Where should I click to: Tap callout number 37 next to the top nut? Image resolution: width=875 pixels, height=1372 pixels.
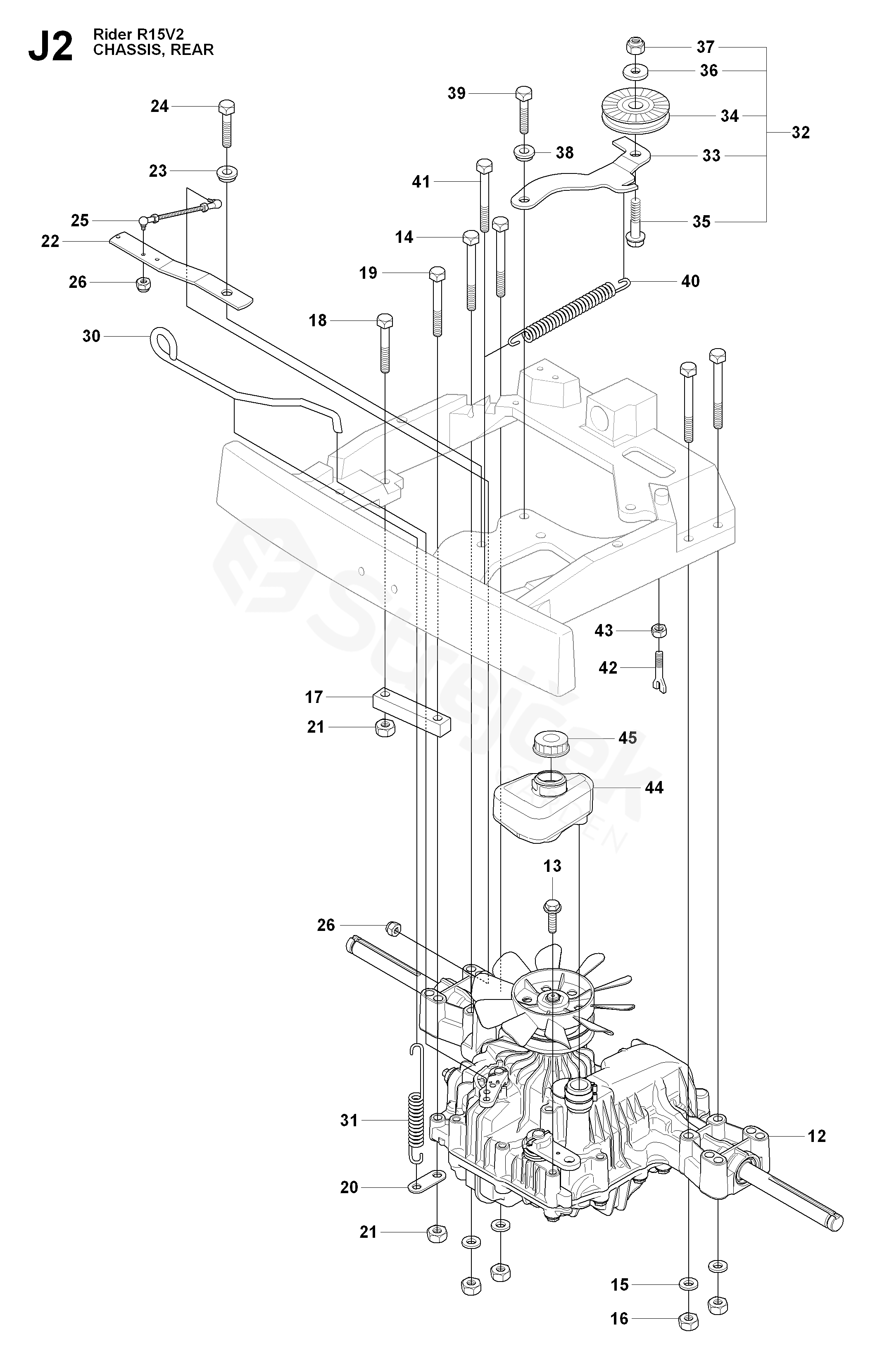706,46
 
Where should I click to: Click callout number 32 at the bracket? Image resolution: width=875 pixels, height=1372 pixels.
800,132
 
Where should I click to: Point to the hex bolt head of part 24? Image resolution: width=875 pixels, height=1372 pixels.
227,107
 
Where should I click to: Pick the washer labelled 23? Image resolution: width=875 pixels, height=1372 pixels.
227,172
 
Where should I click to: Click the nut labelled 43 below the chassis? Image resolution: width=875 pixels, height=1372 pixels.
659,631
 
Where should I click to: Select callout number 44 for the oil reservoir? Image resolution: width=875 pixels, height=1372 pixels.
654,788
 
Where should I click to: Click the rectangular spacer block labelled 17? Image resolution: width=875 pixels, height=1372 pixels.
411,712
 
